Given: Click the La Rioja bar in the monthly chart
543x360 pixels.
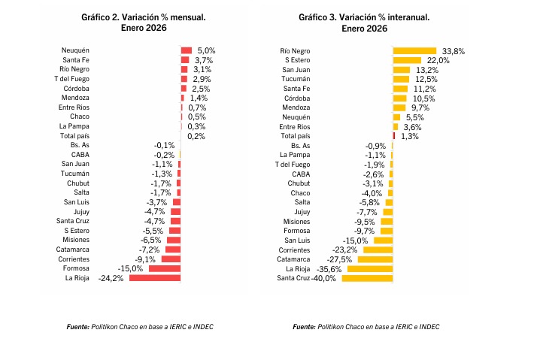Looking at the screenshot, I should [156, 278].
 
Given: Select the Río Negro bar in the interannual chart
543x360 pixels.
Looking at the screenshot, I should [414, 50].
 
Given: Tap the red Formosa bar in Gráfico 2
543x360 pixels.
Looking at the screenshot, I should [165, 268].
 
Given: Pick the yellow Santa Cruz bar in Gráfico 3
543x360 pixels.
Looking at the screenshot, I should [367, 278].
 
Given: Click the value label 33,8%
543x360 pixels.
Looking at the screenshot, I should [454, 50].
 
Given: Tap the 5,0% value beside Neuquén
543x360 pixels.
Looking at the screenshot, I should [206, 50].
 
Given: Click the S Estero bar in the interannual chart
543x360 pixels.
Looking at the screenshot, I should [407, 60].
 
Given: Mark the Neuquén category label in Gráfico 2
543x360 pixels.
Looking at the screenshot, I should [77, 50].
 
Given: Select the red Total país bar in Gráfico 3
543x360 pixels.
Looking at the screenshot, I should [393, 136].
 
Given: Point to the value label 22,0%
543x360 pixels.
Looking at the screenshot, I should [438, 60].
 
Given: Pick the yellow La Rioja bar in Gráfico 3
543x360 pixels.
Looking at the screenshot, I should [370, 268].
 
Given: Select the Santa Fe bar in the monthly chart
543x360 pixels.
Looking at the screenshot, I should [185, 59].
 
